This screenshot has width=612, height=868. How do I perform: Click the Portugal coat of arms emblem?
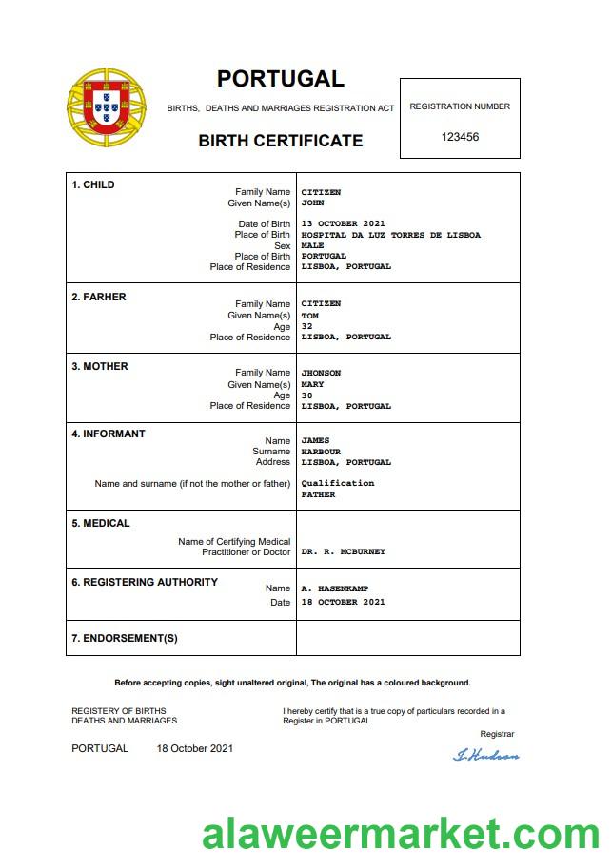(x=107, y=106)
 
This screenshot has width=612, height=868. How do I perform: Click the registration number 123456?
(x=460, y=137)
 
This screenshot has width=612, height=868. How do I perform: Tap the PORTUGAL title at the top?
(x=280, y=79)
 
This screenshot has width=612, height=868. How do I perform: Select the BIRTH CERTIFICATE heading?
(x=280, y=141)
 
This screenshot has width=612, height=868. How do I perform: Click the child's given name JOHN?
(x=312, y=203)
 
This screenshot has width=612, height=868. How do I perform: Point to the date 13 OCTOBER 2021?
(x=343, y=224)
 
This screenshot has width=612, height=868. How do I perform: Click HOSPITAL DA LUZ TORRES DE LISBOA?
(x=390, y=235)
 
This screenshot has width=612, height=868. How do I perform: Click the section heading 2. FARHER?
(x=99, y=297)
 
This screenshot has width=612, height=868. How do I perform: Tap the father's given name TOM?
(x=309, y=315)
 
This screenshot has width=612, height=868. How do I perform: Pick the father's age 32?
(x=306, y=326)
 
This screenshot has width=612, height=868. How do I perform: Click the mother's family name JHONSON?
(x=321, y=373)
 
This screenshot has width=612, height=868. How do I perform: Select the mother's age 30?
(x=306, y=395)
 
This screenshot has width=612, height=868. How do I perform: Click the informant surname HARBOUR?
(x=321, y=452)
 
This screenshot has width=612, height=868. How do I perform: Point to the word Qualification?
(x=337, y=483)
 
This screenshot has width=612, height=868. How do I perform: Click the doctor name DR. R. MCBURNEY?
(x=343, y=551)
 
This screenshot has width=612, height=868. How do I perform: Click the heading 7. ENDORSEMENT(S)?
(x=125, y=638)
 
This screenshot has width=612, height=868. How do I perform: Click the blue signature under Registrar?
(x=486, y=755)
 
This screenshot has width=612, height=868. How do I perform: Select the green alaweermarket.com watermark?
(x=401, y=834)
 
